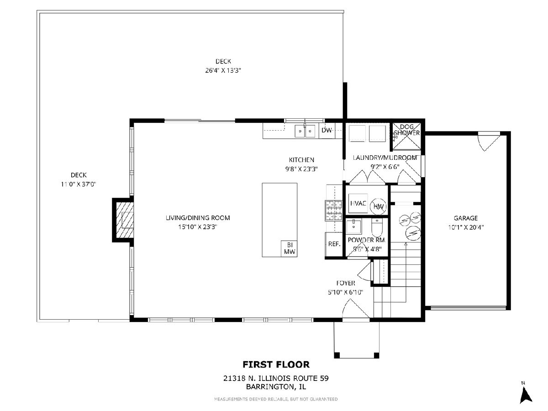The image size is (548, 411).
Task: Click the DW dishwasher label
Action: click(x=327, y=130)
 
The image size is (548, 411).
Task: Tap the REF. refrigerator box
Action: click(x=334, y=244)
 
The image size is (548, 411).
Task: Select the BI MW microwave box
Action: click(x=289, y=248)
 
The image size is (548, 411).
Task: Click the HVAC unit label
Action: click(x=358, y=203)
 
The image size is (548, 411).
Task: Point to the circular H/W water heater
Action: click(x=378, y=206)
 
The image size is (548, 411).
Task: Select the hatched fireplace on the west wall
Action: click(x=125, y=220)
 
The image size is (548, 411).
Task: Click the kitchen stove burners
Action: click(x=333, y=211)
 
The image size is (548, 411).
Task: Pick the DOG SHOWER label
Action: click(x=407, y=130)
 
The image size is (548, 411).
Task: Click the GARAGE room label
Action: click(x=466, y=218)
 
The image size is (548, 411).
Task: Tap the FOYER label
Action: click(x=346, y=283)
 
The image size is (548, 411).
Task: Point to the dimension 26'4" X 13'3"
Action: click(x=223, y=70)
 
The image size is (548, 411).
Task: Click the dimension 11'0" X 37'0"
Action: click(x=79, y=184)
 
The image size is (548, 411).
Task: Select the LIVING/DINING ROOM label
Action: click(x=198, y=218)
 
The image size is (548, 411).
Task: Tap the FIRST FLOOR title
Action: click(x=276, y=364)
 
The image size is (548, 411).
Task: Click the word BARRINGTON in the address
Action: click(x=269, y=387)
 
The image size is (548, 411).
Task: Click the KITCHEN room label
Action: click(x=301, y=160)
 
